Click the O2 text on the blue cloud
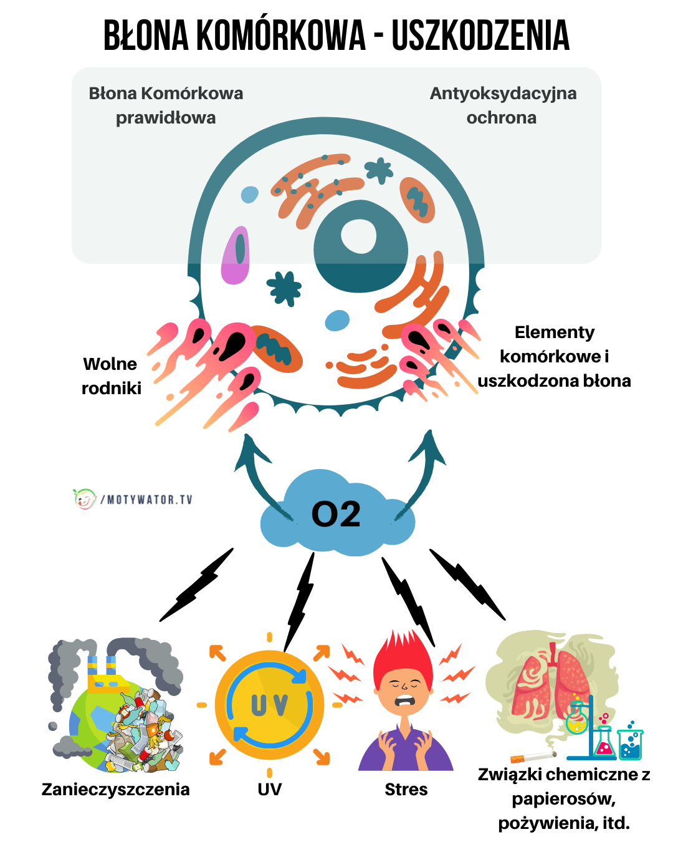[336, 515]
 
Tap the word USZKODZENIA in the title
[480, 36]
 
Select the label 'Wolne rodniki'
[111, 375]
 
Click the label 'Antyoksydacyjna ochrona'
[502, 105]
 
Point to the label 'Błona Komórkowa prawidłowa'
[166, 105]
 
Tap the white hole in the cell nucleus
[359, 237]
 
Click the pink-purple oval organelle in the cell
[236, 256]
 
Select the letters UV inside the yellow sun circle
[269, 705]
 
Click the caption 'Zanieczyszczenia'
[115, 790]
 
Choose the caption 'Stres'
[406, 790]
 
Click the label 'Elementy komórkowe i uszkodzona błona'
[554, 357]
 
